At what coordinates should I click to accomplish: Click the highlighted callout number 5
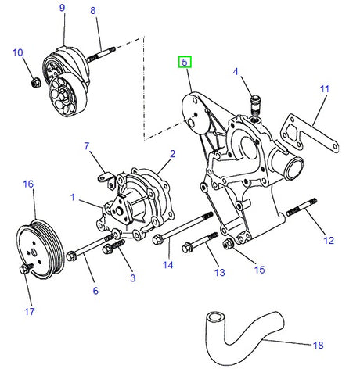[x=185, y=61]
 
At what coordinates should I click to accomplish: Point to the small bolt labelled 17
[x=24, y=270]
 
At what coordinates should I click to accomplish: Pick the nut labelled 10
[x=34, y=81]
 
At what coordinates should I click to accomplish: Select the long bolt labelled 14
[x=184, y=228]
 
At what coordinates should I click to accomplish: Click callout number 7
[x=87, y=145]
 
